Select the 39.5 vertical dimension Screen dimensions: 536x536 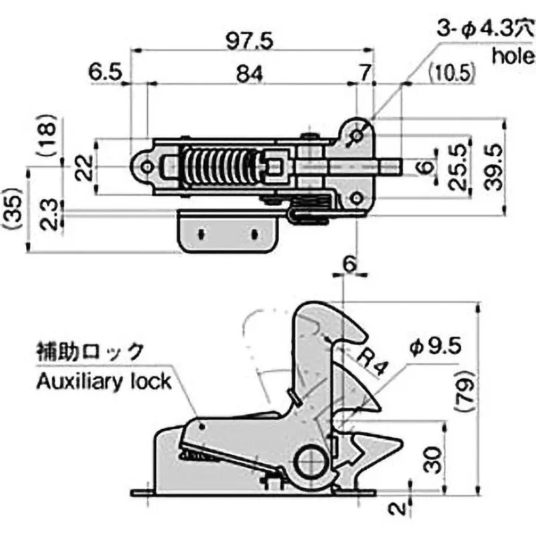coord(494,166)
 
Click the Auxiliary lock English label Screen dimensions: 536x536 coord(104,382)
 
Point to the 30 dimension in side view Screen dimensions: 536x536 coord(433,460)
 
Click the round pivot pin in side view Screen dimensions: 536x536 coord(312,461)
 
